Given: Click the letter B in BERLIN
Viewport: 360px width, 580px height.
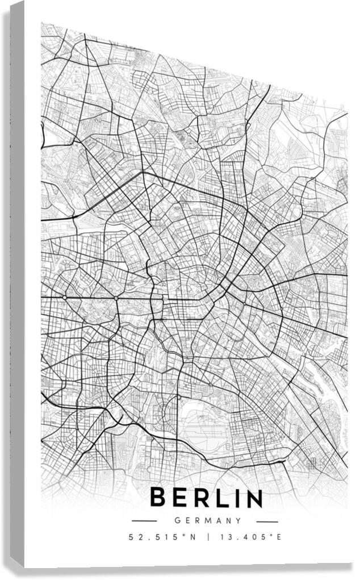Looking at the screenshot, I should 159,498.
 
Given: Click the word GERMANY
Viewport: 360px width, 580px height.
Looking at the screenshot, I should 208,520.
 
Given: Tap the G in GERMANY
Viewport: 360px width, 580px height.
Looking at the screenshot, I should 178,520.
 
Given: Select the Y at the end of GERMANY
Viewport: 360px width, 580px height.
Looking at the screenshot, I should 239,520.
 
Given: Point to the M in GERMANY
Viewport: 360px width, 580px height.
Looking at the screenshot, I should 208,520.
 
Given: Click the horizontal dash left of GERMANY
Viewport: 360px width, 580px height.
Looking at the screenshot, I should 144,520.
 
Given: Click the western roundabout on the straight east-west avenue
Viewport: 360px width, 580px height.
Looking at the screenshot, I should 65,297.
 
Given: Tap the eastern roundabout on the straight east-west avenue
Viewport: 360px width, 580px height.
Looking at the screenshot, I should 116,298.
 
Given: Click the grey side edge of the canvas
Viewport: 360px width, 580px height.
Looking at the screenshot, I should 17,284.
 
